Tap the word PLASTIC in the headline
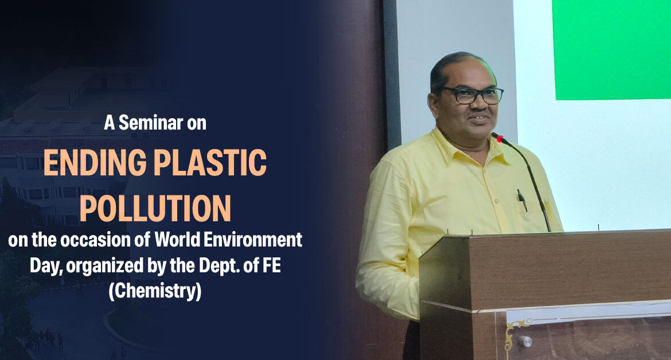210,163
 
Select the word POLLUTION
155,208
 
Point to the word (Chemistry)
155,291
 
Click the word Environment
253,240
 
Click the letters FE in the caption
272,265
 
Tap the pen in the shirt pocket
522,200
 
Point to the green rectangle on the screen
611,50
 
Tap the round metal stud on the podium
527,341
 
